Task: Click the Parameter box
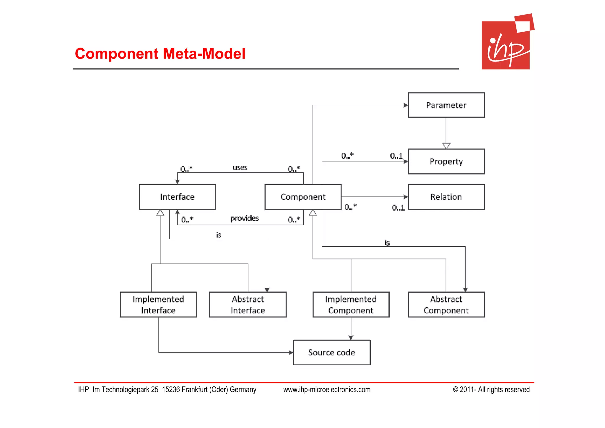[446, 105]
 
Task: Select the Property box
[446, 161]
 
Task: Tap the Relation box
[446, 197]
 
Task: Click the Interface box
[177, 197]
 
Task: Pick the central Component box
[303, 197]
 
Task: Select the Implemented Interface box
[158, 305]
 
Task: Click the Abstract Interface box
[248, 305]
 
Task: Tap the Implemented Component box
[351, 305]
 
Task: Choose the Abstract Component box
[446, 305]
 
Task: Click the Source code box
[331, 352]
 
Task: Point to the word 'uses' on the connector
[240, 168]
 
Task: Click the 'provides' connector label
[244, 218]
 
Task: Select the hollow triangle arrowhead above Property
[446, 146]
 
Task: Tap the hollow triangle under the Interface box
[160, 213]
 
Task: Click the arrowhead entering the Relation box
[406, 197]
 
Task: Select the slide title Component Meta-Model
[160, 54]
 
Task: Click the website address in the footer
[327, 390]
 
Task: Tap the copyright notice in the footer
[491, 390]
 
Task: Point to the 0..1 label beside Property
[396, 156]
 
